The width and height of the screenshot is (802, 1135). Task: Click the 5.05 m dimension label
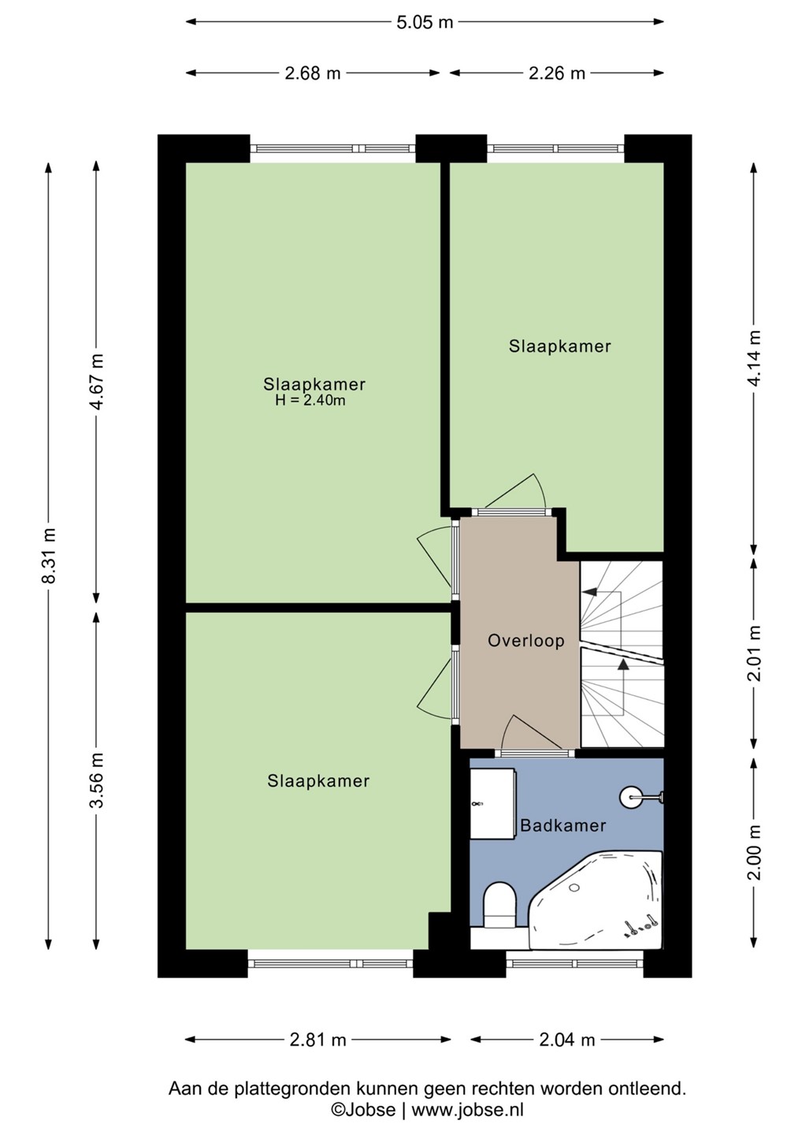pos(425,22)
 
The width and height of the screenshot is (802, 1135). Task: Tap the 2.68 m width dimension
pos(313,73)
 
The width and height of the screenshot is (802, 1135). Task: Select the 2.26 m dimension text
pos(556,73)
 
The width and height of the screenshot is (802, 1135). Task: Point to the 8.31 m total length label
pos(49,555)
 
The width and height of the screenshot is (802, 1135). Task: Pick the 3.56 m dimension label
pos(97,780)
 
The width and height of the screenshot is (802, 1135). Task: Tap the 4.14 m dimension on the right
pos(755,358)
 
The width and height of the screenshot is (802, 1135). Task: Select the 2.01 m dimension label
pos(755,653)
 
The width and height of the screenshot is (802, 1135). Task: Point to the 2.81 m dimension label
pos(318,1040)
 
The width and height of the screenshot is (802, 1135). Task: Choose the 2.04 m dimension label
pos(566,1040)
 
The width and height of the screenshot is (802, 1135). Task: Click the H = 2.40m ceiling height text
pos(310,400)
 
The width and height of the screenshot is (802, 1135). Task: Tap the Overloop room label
pos(526,641)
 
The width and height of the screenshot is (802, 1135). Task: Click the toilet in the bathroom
pos(499,906)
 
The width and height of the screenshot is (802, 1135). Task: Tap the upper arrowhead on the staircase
pos(588,592)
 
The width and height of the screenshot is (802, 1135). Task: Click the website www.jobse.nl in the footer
pos(467,1110)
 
